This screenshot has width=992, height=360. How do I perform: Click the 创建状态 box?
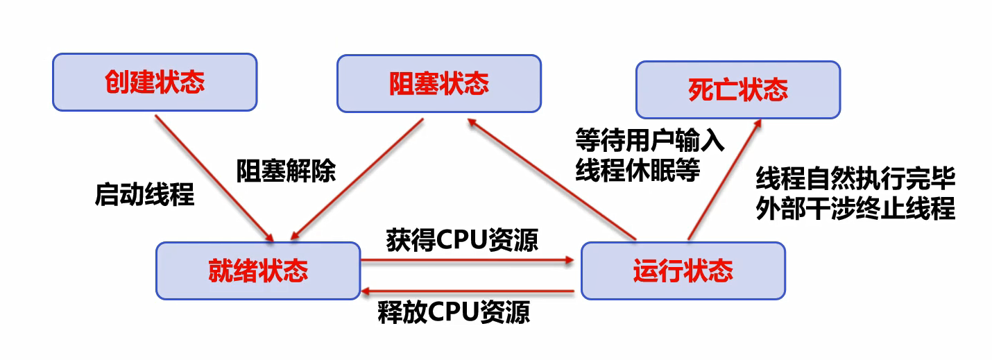pos(155,83)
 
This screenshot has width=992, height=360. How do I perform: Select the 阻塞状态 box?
pos(438,84)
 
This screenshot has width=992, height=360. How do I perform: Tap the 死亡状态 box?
pos(738,89)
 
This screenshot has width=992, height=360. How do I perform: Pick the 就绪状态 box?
pos(258,271)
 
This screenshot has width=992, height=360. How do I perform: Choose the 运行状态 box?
pos(683,271)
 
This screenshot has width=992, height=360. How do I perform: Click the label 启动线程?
pos(144,195)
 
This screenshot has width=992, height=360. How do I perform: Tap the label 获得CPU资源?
pos(462,240)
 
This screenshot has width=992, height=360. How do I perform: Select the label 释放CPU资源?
pos(454,312)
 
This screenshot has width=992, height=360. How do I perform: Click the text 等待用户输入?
pos(650,141)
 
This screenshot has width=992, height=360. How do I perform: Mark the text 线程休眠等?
pos(638,170)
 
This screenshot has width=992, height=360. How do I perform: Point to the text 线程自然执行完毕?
pos(856,180)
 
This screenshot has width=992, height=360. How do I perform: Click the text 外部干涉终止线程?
pos(856,209)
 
